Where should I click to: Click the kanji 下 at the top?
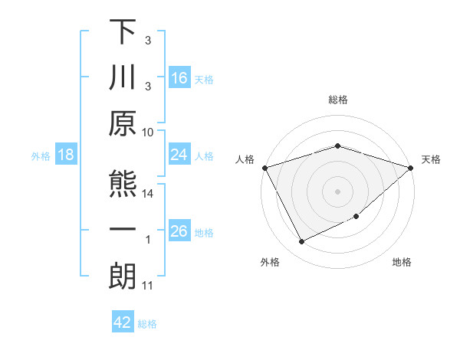point(123,31)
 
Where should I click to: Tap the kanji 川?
point(123,78)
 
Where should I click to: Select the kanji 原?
point(123,126)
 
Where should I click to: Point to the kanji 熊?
point(123,182)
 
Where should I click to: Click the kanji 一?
point(123,229)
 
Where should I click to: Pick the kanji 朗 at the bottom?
point(123,277)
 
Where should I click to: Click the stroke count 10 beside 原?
point(149,132)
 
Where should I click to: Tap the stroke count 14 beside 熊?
point(149,194)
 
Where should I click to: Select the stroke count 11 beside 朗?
point(149,286)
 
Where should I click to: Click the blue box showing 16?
point(179,78)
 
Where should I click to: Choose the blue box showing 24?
point(179,155)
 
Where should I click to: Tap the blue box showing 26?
point(179,231)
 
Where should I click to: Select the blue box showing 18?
point(66,155)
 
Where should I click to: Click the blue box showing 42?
point(123,322)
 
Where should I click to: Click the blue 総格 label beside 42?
point(148,324)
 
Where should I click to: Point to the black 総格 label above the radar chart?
point(337,100)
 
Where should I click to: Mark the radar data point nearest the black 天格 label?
point(411,167)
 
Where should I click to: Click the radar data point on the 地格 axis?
point(356,218)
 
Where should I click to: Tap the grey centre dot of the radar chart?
point(337,191)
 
